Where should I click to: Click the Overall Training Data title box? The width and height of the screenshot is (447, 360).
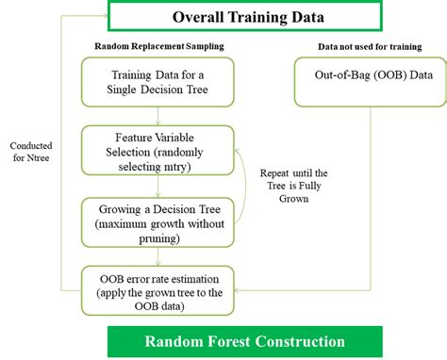(x=244, y=17)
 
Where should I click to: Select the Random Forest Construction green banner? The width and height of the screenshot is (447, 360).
(x=244, y=341)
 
